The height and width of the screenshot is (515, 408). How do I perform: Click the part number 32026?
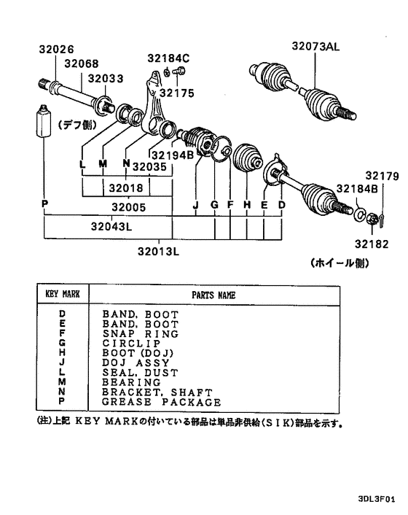56,50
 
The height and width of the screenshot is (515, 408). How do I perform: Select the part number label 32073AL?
315,46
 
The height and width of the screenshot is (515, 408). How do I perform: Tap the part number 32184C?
168,58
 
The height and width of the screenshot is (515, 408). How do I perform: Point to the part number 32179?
382,176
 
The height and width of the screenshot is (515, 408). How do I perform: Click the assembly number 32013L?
158,252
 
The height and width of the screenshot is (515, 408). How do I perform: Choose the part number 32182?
372,244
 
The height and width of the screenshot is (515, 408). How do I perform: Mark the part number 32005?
128,207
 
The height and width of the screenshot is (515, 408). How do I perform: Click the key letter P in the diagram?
45,204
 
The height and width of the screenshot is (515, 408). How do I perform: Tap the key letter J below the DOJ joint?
196,205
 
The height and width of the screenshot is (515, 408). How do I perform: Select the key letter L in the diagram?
82,163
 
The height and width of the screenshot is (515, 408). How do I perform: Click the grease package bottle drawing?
43,121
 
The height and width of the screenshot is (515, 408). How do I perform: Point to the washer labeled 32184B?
359,213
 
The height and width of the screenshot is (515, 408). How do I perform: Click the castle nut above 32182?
372,218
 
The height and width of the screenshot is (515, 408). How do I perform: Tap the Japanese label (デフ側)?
78,125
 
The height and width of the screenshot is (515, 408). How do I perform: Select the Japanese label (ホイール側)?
340,263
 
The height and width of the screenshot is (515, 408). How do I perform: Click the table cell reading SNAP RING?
141,333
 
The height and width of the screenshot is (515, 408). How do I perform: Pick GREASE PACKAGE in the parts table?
161,402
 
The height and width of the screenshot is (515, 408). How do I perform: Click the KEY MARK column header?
63,294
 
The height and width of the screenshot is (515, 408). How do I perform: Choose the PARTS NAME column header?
213,295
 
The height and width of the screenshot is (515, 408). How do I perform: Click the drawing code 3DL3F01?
377,500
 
